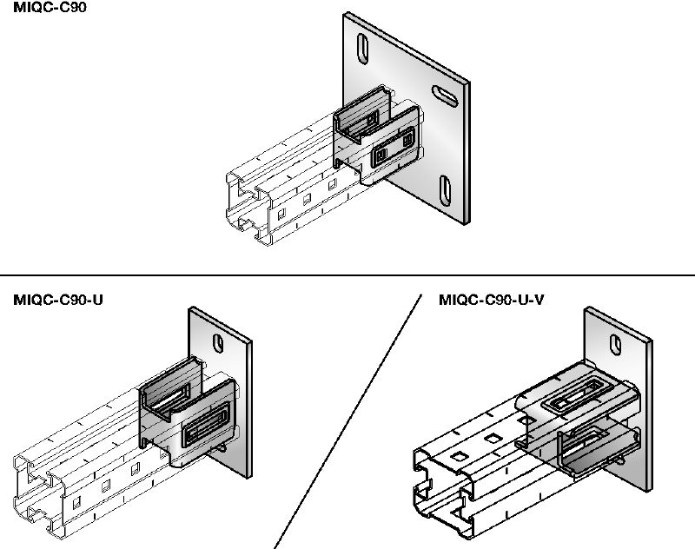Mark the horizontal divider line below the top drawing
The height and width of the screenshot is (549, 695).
347,274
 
